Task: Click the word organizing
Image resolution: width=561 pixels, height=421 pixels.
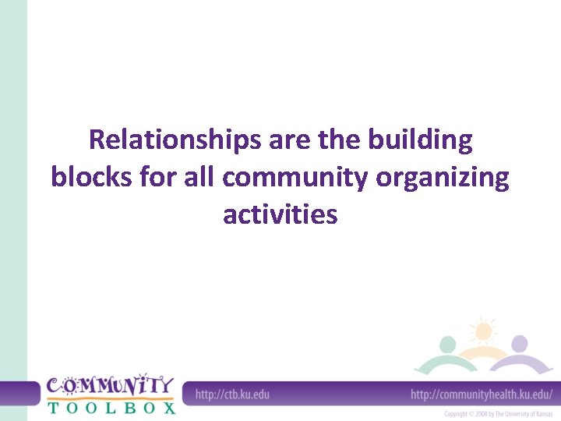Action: (x=443, y=179)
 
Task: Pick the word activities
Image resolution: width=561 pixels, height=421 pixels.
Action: (x=280, y=214)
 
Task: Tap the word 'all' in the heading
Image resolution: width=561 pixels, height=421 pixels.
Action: (x=200, y=178)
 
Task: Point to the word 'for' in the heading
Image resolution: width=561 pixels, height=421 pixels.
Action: (x=161, y=178)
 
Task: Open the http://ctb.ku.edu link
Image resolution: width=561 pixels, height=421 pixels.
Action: (x=232, y=394)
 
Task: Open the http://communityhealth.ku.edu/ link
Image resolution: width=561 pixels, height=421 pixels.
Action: (x=482, y=394)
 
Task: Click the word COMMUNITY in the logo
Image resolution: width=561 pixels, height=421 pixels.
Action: (x=109, y=385)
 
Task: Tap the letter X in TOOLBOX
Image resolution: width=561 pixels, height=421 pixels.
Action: (x=169, y=407)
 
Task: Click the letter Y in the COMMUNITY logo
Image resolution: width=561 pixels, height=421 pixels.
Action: (x=164, y=384)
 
